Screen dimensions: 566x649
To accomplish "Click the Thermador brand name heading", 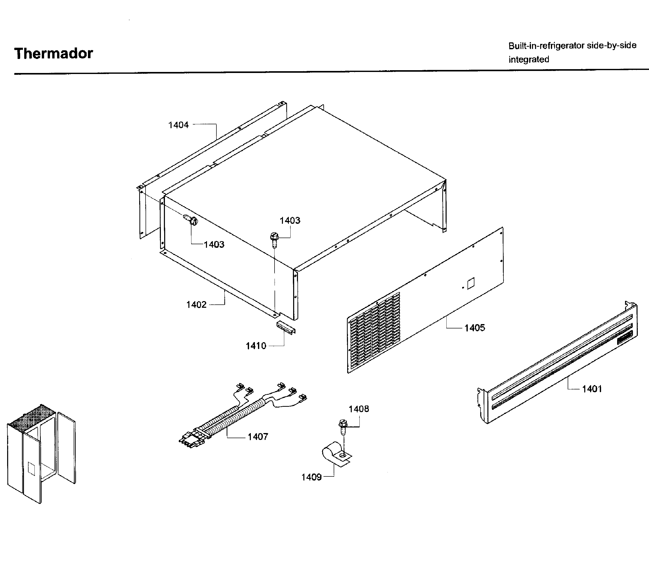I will pos(54,53).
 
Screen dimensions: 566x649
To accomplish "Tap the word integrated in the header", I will pos(529,59).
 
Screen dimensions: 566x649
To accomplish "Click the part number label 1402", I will pos(196,304).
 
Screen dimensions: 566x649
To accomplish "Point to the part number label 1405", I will pos(475,328).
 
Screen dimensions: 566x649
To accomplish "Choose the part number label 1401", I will pos(592,389).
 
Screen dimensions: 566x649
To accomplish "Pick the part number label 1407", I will pos(258,437).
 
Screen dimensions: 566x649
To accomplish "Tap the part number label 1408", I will pos(359,409).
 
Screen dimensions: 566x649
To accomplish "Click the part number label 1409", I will pos(311,477).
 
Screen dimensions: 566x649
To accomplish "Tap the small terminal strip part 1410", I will pos(286,327).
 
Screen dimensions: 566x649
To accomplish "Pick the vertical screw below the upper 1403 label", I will pos(274,240).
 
